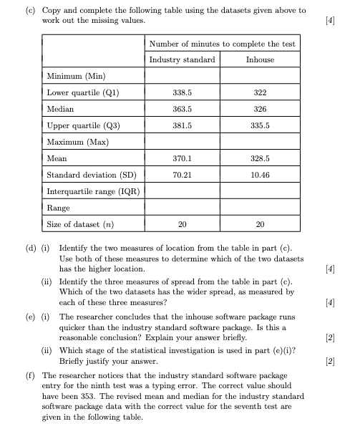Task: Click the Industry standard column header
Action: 182,59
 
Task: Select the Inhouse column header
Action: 260,59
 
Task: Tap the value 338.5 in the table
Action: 182,92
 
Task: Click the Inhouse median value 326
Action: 260,109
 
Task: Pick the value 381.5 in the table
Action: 182,125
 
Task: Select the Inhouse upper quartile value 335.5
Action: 260,125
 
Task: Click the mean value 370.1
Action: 182,158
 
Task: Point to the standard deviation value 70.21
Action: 182,175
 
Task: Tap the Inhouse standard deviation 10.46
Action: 260,175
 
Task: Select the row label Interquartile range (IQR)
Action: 92,191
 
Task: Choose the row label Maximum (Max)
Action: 77,142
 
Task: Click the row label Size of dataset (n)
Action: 79,224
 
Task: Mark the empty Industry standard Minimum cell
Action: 182,76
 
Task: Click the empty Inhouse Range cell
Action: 260,208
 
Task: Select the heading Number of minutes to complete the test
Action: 221,44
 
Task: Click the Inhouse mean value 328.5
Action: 260,158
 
